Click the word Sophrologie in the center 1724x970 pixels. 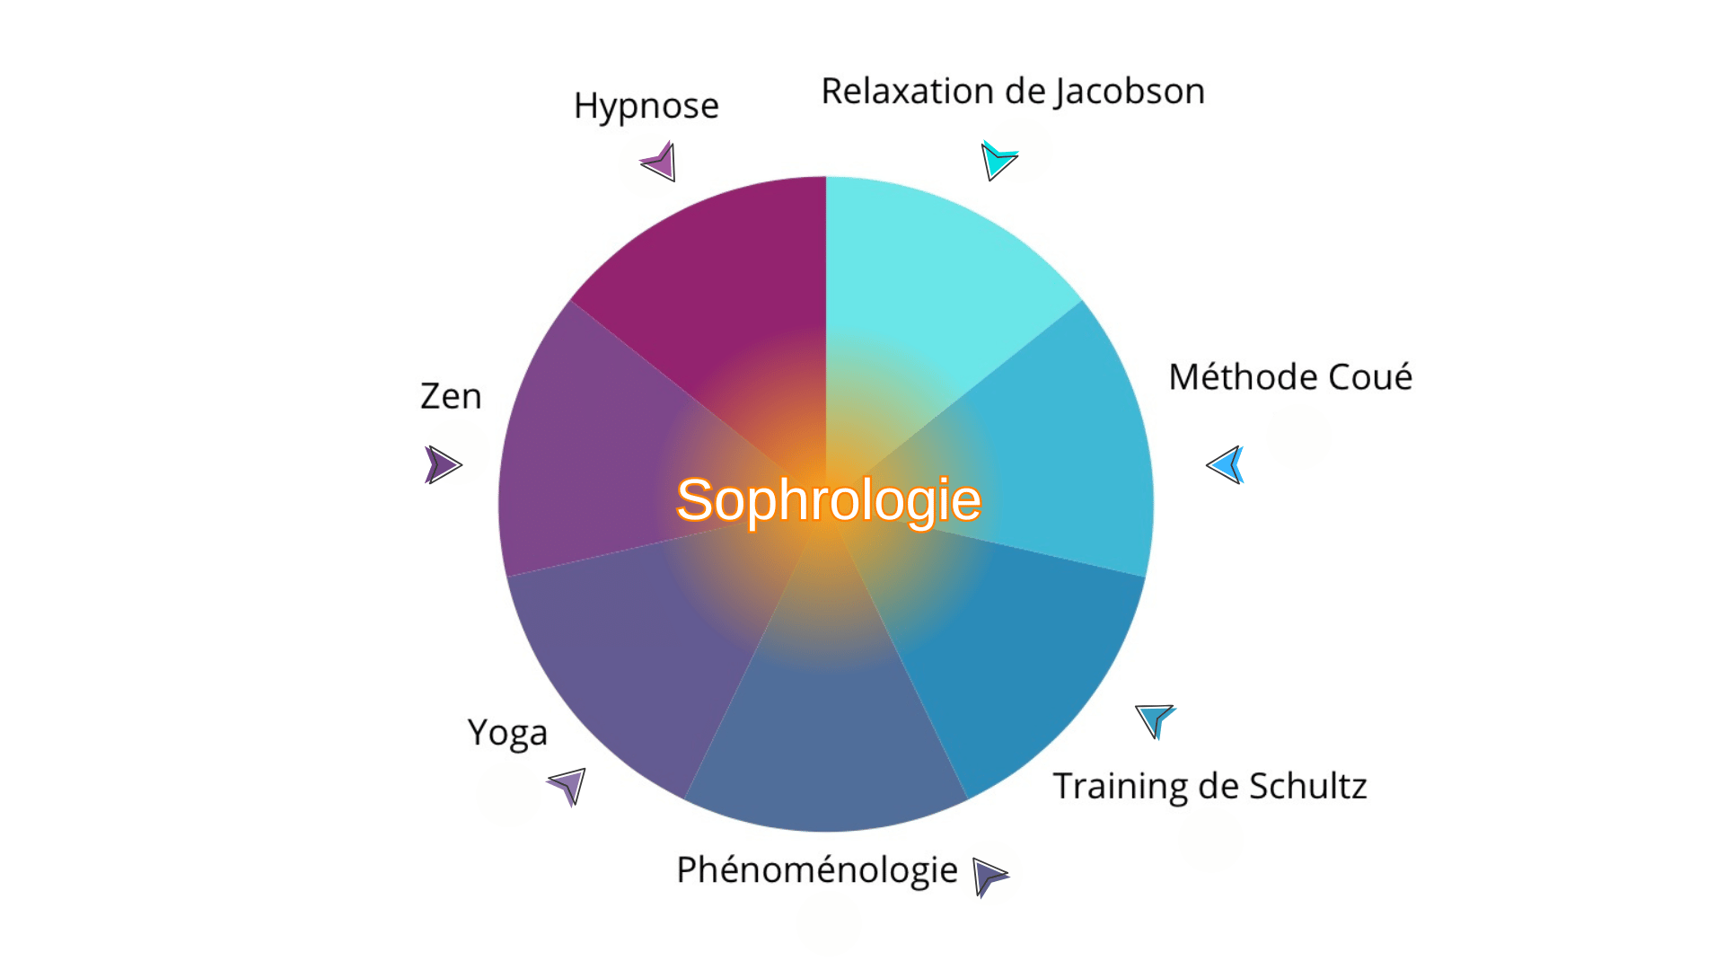coord(828,500)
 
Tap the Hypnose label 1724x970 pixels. coord(646,106)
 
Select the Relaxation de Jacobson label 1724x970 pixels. coord(1013,92)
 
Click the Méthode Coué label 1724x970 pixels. coord(1290,376)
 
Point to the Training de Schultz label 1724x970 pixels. coord(1209,786)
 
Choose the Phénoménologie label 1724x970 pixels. coord(817,870)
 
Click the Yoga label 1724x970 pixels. coord(507,734)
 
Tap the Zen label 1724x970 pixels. coord(451,396)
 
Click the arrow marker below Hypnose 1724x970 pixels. coord(660,162)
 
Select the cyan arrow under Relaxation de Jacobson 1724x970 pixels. coord(998,160)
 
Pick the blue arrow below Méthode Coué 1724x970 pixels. coord(1227,464)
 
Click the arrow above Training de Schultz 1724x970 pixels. coord(1155,720)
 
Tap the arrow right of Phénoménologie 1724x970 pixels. coord(990,877)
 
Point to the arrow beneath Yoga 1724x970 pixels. coord(568,786)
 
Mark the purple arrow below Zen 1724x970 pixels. coord(442,465)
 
